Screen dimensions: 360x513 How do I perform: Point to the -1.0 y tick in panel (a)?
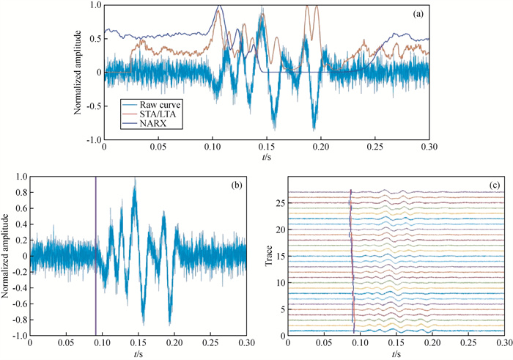coord(93,139)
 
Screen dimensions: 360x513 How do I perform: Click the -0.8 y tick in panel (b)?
coord(16,320)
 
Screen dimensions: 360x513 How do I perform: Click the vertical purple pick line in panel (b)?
coord(96,257)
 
